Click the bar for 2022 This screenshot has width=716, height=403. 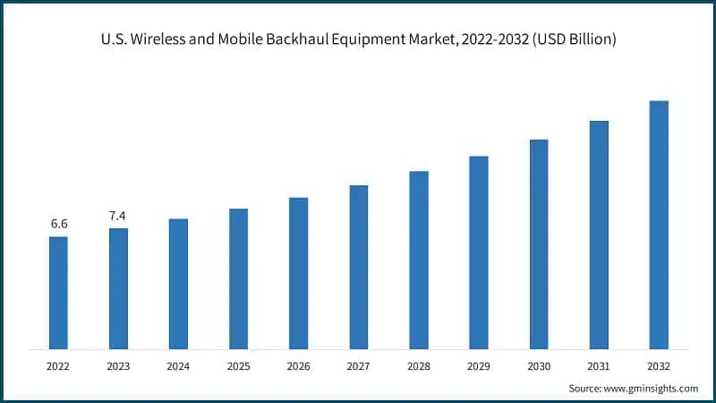click(x=58, y=292)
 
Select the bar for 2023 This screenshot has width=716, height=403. click(x=118, y=288)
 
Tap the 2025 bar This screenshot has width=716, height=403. click(x=238, y=279)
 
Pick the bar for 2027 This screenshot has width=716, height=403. click(x=358, y=267)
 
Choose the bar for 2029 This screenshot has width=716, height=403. click(x=479, y=252)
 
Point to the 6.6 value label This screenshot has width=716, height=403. click(x=58, y=223)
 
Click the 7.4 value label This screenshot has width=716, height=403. click(x=118, y=215)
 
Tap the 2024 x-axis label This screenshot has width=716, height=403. click(x=178, y=365)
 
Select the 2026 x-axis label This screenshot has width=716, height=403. click(x=298, y=365)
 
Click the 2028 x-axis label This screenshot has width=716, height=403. click(x=419, y=365)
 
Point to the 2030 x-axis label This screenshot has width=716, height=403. click(x=539, y=365)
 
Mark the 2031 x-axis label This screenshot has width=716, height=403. click(x=599, y=365)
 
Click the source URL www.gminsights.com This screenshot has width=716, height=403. click(x=649, y=388)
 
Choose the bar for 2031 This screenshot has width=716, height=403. click(x=599, y=235)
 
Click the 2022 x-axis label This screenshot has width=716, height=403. click(x=58, y=365)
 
